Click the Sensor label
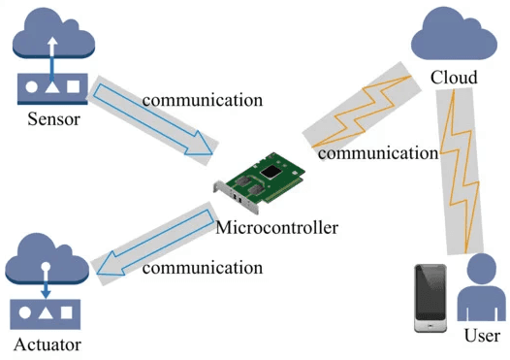pos(53,119)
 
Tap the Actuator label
pos(48,344)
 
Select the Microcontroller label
pos(276,227)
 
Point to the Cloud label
pos(454,78)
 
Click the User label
pos(482,336)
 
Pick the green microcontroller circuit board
pos(260,182)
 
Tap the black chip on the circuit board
pos(271,172)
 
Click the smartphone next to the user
pos(430,298)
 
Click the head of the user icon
pos(482,268)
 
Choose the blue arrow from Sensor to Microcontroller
pos(153,119)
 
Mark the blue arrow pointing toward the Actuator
pos(155,243)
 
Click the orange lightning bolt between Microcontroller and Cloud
pos(362,112)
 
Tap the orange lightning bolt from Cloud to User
pos(460,171)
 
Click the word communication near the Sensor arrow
pos(203,100)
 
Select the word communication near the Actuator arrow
pos(203,268)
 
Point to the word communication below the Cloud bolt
pos(378,153)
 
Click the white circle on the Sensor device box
pos(31,87)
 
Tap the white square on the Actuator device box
pos(66,312)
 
